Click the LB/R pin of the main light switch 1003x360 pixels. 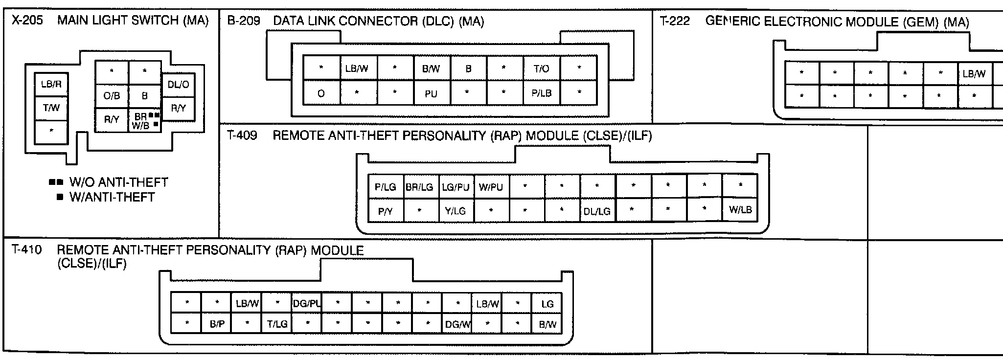tap(51, 85)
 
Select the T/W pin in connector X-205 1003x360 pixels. tap(51, 108)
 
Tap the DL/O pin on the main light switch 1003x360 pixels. tap(178, 85)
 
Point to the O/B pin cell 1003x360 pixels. tap(112, 96)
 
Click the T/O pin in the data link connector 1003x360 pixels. tap(541, 68)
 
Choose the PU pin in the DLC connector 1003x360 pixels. tap(431, 93)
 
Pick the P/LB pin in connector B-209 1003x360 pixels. tap(541, 93)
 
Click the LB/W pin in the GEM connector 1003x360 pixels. tap(974, 74)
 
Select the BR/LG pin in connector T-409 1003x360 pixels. tap(419, 187)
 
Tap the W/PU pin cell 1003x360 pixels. tap(491, 187)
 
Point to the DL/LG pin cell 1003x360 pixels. tap(597, 211)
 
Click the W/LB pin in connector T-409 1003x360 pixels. tap(740, 210)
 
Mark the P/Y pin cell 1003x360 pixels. tap(385, 211)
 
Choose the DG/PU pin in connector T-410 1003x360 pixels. tap(306, 304)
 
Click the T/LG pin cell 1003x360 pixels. tap(277, 324)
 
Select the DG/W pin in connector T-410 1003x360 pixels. tap(458, 324)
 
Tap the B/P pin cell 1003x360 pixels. tap(217, 324)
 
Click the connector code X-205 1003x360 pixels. tap(27, 21)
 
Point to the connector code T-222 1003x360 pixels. tap(675, 22)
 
